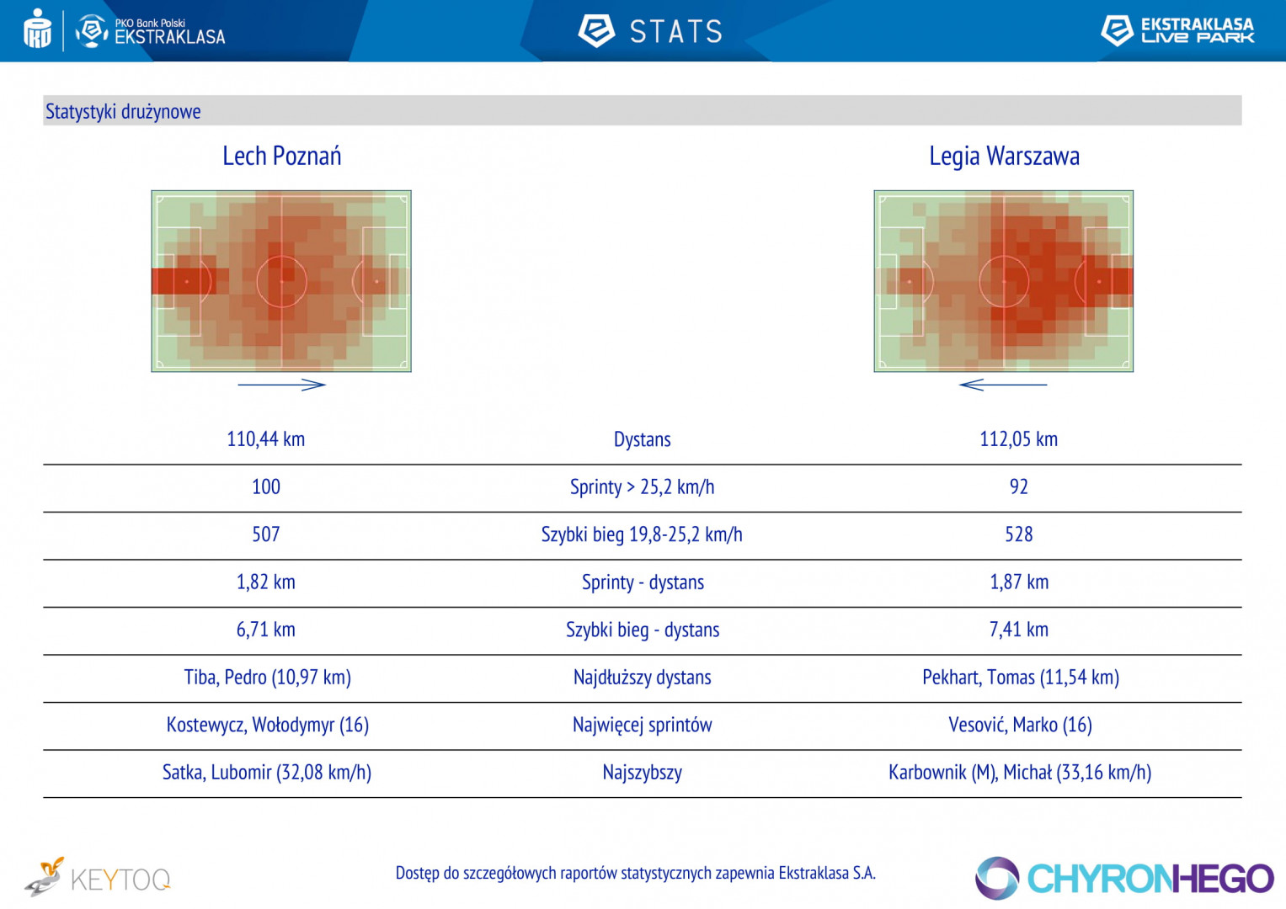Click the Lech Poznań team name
(281, 157)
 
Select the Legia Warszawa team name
(1004, 157)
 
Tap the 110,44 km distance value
(266, 439)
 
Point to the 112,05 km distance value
(1018, 439)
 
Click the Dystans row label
(642, 439)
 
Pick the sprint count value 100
(266, 487)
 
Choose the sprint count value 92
(1018, 487)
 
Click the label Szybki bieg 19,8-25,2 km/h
(642, 534)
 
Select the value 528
(1018, 534)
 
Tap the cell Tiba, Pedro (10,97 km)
(267, 678)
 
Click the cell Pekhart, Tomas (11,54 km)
(1020, 678)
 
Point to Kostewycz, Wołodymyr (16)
(267, 725)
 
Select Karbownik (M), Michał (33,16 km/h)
(1019, 773)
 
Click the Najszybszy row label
(642, 773)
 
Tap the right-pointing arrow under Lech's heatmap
(281, 385)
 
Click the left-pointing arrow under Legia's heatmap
(1002, 385)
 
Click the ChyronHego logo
(1124, 879)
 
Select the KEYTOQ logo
(98, 878)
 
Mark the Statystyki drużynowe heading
(123, 111)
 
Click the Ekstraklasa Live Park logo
(1177, 30)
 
